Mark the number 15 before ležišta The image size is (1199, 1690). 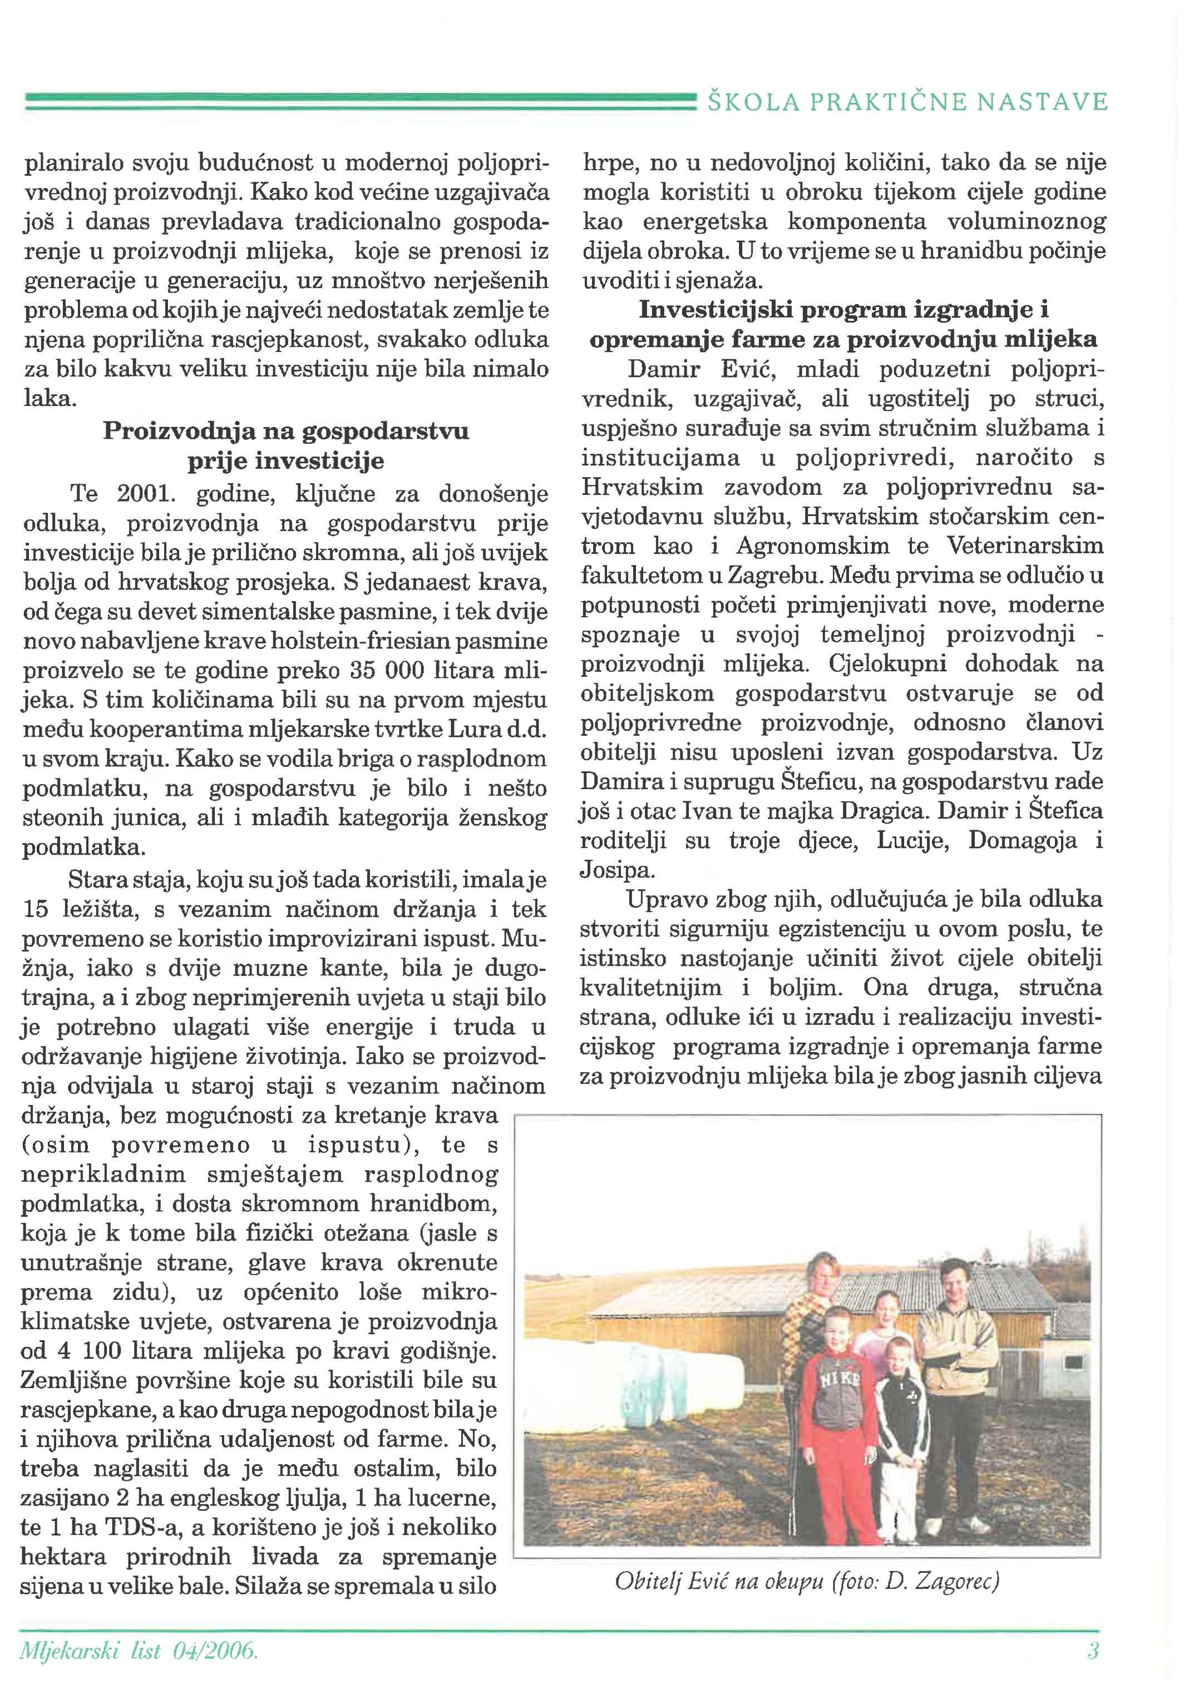click(x=36, y=909)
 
